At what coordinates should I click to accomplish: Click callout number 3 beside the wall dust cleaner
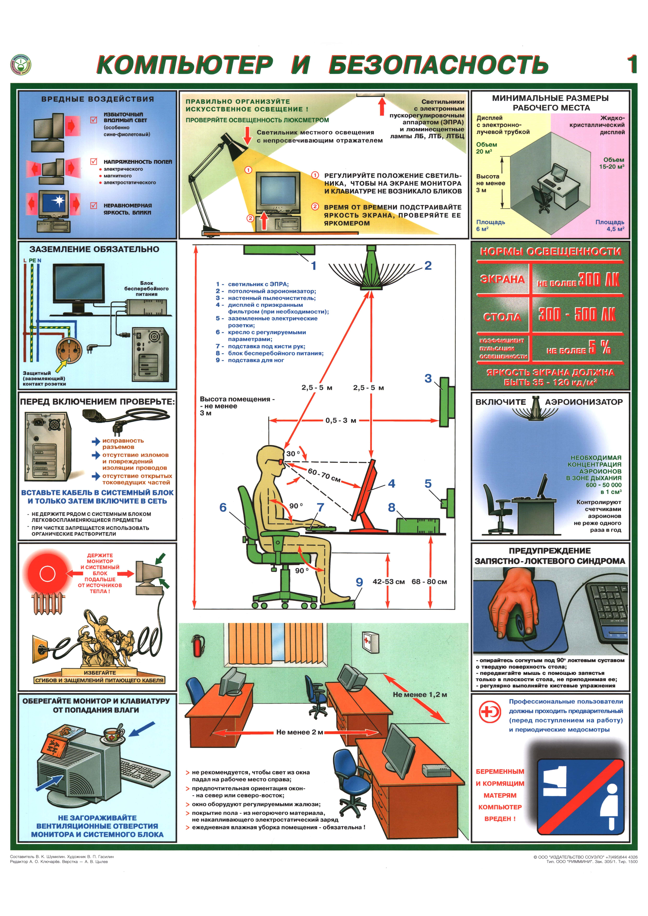point(428,378)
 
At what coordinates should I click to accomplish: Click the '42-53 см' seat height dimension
point(388,582)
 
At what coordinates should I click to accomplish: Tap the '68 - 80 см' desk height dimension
point(429,582)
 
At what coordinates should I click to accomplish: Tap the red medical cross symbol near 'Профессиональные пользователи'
point(490,711)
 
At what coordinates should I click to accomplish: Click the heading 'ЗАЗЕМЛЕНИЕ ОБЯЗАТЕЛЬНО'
point(94,249)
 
